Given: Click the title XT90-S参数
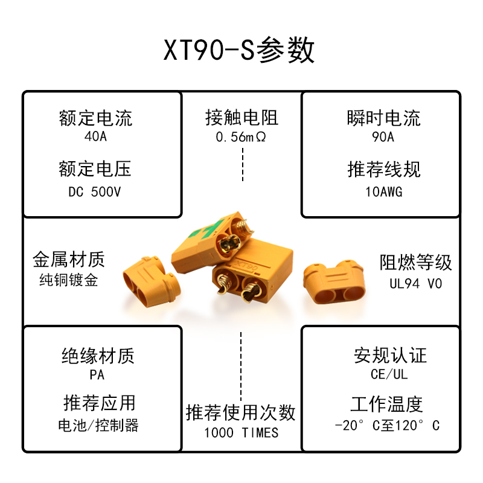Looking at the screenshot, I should coord(240,51).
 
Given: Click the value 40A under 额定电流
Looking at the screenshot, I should coord(95,136).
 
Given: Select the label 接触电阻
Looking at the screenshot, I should coord(241,118).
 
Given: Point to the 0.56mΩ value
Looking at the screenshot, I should coord(241,137).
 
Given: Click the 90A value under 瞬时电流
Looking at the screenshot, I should coord(383,137).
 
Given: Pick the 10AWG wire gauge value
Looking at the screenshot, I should coord(383,192).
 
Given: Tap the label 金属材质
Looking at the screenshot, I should coord(68,260).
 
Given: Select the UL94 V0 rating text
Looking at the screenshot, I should coord(416,283).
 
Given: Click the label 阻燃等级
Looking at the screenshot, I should coord(416,263).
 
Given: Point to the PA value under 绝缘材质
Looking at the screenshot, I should coord(97,375).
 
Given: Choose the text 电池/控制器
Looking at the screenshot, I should coord(98,425).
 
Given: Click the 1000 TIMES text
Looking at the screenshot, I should coord(241,432).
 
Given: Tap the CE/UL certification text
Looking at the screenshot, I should coord(389,374).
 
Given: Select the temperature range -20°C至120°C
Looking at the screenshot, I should coord(387,425).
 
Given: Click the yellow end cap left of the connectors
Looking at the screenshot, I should coord(150,281).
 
